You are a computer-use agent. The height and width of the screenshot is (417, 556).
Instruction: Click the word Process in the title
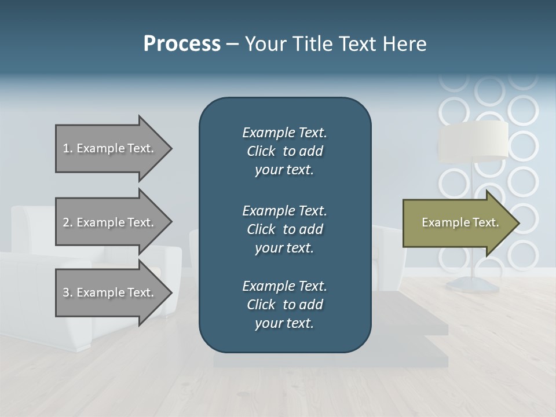click(182, 44)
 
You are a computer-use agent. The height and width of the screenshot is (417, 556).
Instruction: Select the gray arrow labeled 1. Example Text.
click(110, 148)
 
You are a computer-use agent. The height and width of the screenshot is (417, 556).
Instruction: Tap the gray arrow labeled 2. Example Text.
click(110, 222)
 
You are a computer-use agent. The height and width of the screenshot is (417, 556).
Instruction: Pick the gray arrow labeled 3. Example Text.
click(110, 292)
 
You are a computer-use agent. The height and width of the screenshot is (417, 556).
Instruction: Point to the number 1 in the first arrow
click(66, 148)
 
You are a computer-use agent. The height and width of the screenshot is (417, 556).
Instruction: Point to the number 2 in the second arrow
click(66, 222)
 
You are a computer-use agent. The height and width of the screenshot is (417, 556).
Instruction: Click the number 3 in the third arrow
click(66, 292)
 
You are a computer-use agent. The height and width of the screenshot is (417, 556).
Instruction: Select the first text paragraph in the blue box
click(284, 151)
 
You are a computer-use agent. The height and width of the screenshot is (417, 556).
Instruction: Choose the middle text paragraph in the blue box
click(284, 229)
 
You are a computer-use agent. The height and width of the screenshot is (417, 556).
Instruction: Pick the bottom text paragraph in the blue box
click(284, 305)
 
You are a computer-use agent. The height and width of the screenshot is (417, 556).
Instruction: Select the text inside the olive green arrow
click(460, 222)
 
